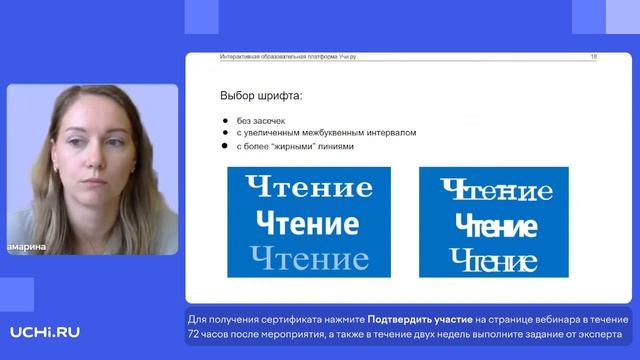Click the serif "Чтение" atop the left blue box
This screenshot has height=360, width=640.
pos(309,187)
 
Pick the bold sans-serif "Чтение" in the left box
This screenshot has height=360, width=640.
pos(307,222)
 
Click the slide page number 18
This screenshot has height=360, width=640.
pos(594,58)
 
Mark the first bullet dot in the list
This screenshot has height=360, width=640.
pos(226,121)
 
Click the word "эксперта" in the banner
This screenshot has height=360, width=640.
pos(597,334)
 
